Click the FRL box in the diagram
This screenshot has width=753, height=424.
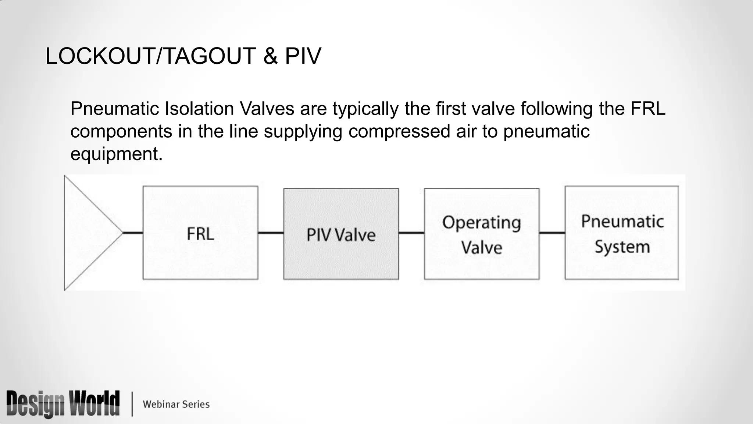coord(200,233)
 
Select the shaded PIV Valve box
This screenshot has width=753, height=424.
coord(341,234)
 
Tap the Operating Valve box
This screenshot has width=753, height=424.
coord(482,234)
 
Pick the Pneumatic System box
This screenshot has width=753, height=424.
coord(622,233)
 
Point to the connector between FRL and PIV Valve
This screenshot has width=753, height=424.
coord(271,233)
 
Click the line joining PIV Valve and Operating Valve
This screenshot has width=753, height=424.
coord(411,233)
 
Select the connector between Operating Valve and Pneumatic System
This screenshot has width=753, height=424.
coord(552,233)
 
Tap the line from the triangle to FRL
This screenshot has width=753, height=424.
coord(132,233)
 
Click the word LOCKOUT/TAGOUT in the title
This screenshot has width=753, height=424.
coord(150,56)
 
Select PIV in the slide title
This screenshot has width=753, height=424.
coord(303,56)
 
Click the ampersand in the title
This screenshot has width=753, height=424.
coord(270,56)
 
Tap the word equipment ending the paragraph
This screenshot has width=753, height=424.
coord(116,154)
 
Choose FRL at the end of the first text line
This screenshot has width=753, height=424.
coord(648,109)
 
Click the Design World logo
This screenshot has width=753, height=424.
coord(63,404)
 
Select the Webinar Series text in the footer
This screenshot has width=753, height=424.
coord(176,404)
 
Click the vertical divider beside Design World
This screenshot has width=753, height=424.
coord(132,404)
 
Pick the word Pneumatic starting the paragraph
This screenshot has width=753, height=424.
coord(115,109)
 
